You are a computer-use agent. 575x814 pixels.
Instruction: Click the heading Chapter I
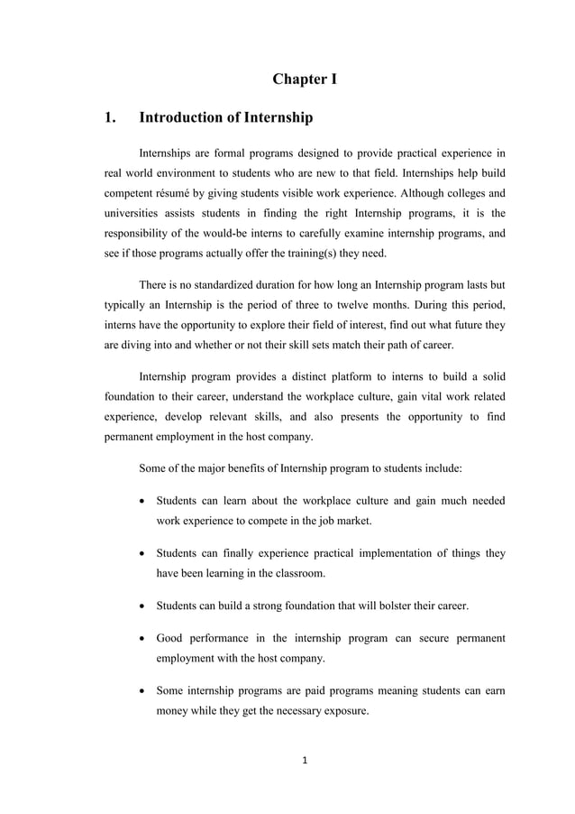[305, 79]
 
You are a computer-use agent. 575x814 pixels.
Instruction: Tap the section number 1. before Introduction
[112, 117]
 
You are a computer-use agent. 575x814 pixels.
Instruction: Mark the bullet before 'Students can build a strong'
[143, 606]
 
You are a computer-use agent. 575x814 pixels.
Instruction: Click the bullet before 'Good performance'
[143, 639]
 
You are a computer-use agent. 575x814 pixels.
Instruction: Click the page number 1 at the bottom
[305, 760]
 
